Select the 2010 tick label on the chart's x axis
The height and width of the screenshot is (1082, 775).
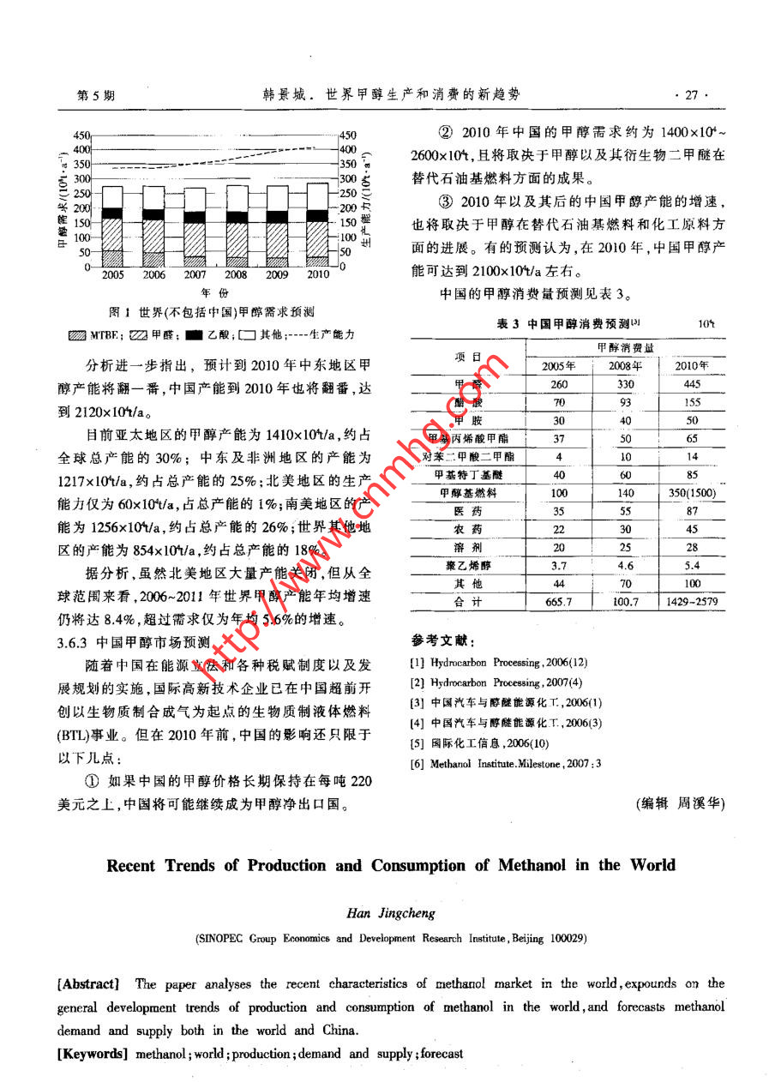317,275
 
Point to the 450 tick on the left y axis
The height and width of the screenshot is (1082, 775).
81,135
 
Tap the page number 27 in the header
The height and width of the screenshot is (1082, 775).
691,95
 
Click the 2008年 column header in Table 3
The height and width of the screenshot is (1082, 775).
626,366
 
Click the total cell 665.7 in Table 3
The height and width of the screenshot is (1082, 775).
558,602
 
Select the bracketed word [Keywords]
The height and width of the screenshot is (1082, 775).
92,1054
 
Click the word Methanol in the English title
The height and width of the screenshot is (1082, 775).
524,864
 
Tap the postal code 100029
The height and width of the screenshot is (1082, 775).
567,939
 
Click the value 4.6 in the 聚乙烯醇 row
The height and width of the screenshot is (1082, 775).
626,566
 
